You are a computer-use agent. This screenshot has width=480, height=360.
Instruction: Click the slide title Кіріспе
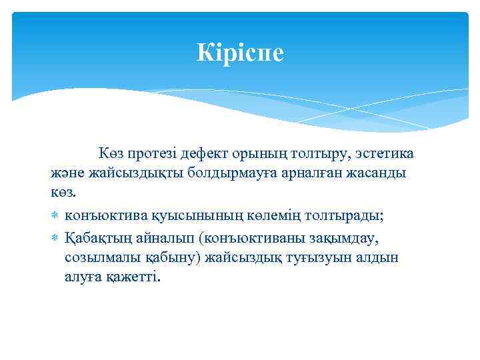tap(240, 52)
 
